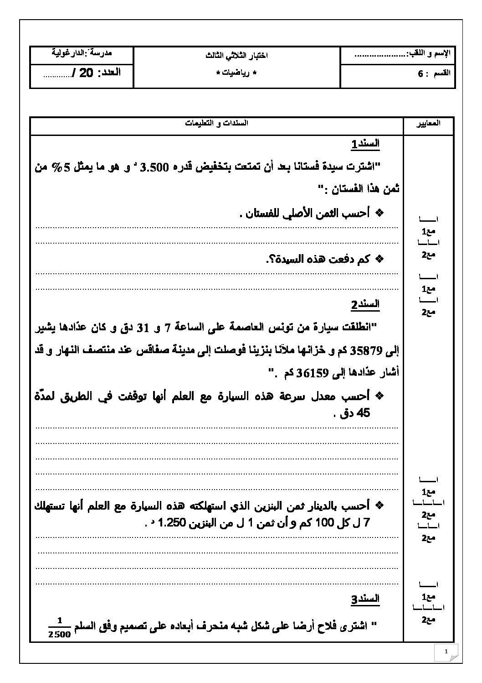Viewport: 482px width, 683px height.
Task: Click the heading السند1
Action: pos(365,144)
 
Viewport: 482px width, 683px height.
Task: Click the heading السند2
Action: pos(365,304)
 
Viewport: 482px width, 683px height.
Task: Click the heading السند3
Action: pos(365,599)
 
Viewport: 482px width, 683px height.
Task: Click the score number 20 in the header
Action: pos(86,73)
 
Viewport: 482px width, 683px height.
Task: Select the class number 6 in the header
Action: pos(420,73)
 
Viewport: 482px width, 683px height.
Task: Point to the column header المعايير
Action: pos(428,123)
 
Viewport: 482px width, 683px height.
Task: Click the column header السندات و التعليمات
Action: pos(216,123)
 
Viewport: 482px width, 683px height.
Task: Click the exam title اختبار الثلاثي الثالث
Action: pos(236,55)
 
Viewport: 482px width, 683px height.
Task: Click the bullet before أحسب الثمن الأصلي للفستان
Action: pos(379,213)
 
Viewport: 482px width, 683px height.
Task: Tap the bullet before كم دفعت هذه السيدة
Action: pos(379,260)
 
